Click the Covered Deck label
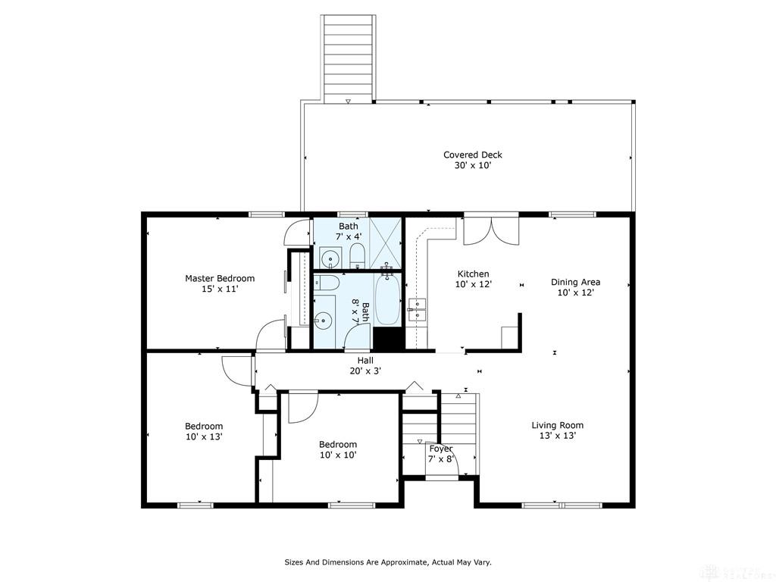click(473, 155)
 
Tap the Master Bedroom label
click(220, 279)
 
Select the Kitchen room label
click(473, 274)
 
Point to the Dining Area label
click(576, 282)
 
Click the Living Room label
click(557, 425)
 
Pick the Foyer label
click(440, 449)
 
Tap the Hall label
click(365, 360)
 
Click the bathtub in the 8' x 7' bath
click(387, 300)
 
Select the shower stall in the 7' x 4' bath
click(385, 243)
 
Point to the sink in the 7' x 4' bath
click(330, 258)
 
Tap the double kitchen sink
click(418, 309)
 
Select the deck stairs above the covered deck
click(348, 58)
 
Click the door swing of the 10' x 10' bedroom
click(302, 407)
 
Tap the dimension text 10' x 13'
click(203, 437)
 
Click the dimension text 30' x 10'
click(473, 166)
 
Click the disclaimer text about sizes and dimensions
click(387, 562)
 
